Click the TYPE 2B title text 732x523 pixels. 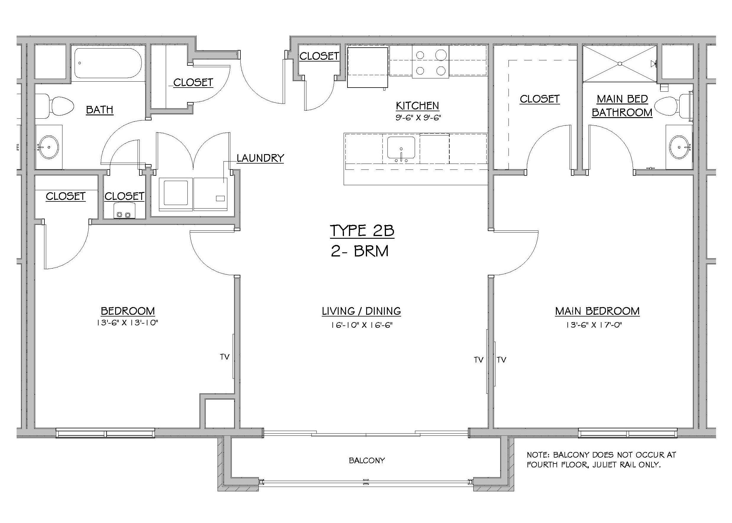[362, 230]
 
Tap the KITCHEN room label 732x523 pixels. [417, 106]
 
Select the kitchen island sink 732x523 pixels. [401, 148]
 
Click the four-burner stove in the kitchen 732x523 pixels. [430, 62]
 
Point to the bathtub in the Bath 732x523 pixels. [108, 63]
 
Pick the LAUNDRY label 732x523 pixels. [260, 158]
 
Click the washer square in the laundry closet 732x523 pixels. [176, 193]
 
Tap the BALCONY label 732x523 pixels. [367, 461]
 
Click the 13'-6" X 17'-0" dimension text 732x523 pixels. [593, 325]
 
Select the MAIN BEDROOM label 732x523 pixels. [597, 311]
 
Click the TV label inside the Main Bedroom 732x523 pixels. [502, 360]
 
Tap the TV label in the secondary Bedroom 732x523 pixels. [225, 357]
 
